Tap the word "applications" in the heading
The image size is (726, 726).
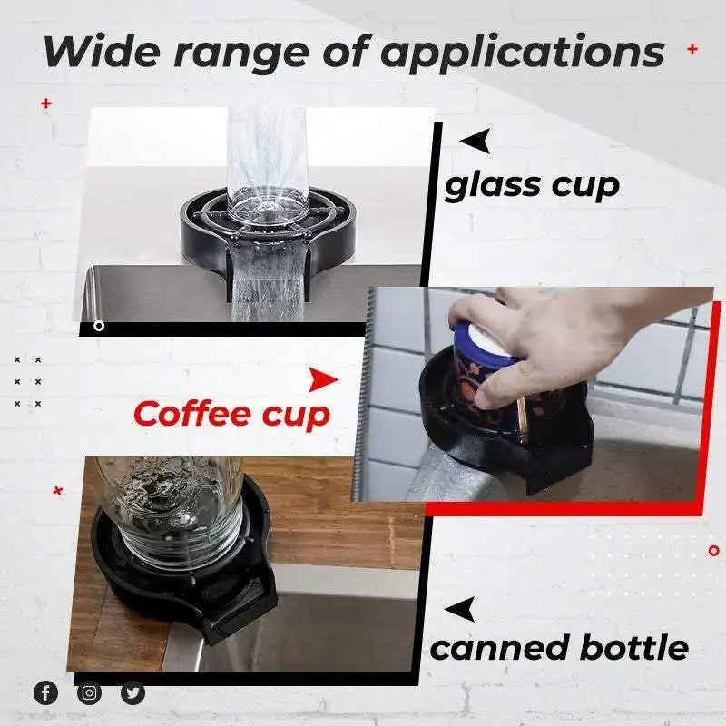(x=522, y=53)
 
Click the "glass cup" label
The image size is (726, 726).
(x=532, y=184)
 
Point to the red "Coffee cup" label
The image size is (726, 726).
(x=231, y=414)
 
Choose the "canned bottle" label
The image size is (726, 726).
(x=558, y=648)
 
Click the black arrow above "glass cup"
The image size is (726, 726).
(x=476, y=141)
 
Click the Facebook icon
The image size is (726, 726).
(x=45, y=693)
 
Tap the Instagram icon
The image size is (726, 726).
(x=89, y=693)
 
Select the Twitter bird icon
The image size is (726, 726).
(x=132, y=693)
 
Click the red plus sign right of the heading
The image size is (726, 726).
(x=692, y=49)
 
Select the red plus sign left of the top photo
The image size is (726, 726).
(x=46, y=104)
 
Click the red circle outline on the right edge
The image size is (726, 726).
(x=715, y=549)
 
